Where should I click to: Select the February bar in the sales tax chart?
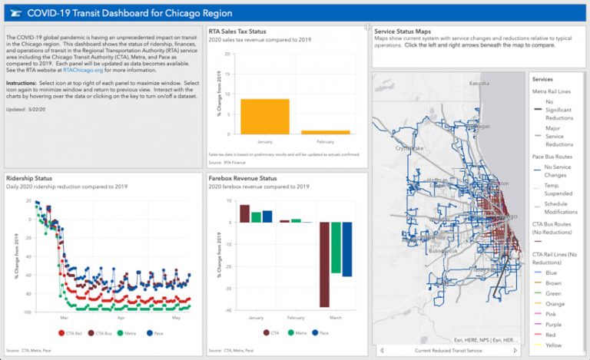[x=325, y=132]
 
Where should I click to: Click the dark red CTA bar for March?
[x=324, y=264]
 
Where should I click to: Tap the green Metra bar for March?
[x=336, y=247]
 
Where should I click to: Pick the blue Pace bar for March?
[x=346, y=249]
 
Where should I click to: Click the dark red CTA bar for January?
[x=245, y=213]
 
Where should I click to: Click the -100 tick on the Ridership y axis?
[x=25, y=312]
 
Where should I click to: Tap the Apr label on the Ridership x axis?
[x=121, y=318]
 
